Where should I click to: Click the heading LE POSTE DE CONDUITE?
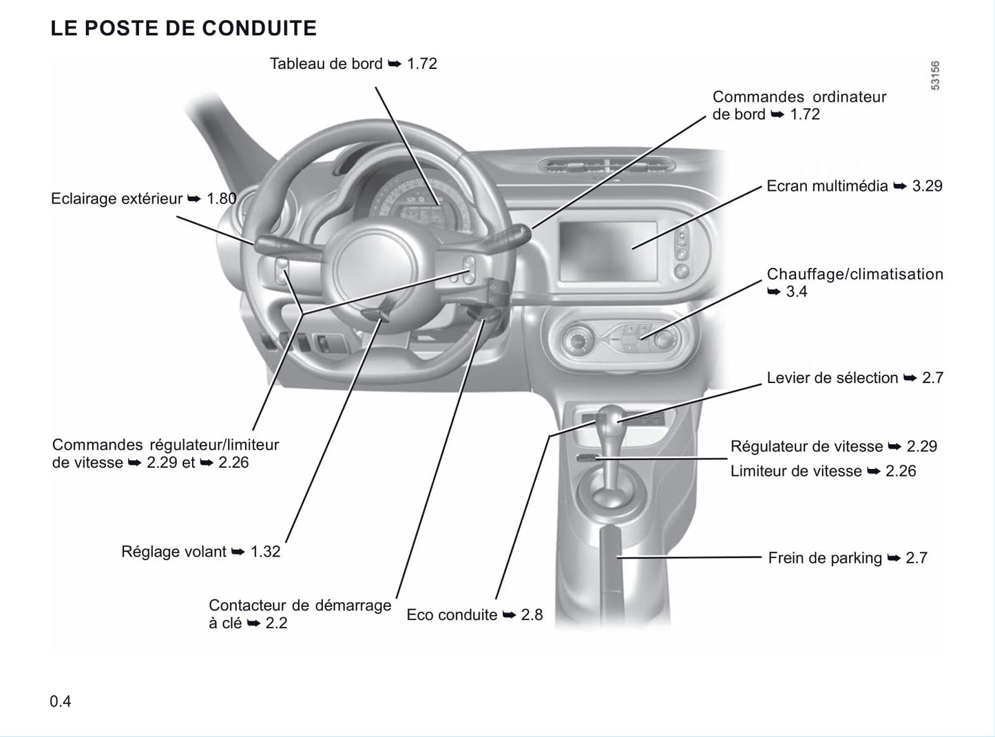tap(183, 28)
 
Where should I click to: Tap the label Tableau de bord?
tap(326, 64)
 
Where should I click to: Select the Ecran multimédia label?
tap(827, 186)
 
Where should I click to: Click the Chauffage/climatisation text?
tap(855, 274)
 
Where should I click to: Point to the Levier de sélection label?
tap(832, 378)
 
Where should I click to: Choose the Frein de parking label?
tap(825, 558)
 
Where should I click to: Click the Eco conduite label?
tap(452, 614)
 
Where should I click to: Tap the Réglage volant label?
tap(174, 551)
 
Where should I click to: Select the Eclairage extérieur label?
tap(116, 198)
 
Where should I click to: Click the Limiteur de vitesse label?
tap(796, 471)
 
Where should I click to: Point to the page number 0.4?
tap(60, 701)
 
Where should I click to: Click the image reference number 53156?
tap(935, 76)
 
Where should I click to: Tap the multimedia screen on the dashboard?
tap(608, 251)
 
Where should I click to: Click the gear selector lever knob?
tap(609, 418)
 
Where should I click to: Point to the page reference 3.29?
tap(928, 186)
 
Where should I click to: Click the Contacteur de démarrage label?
tap(300, 614)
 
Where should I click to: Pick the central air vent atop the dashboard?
tap(607, 167)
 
